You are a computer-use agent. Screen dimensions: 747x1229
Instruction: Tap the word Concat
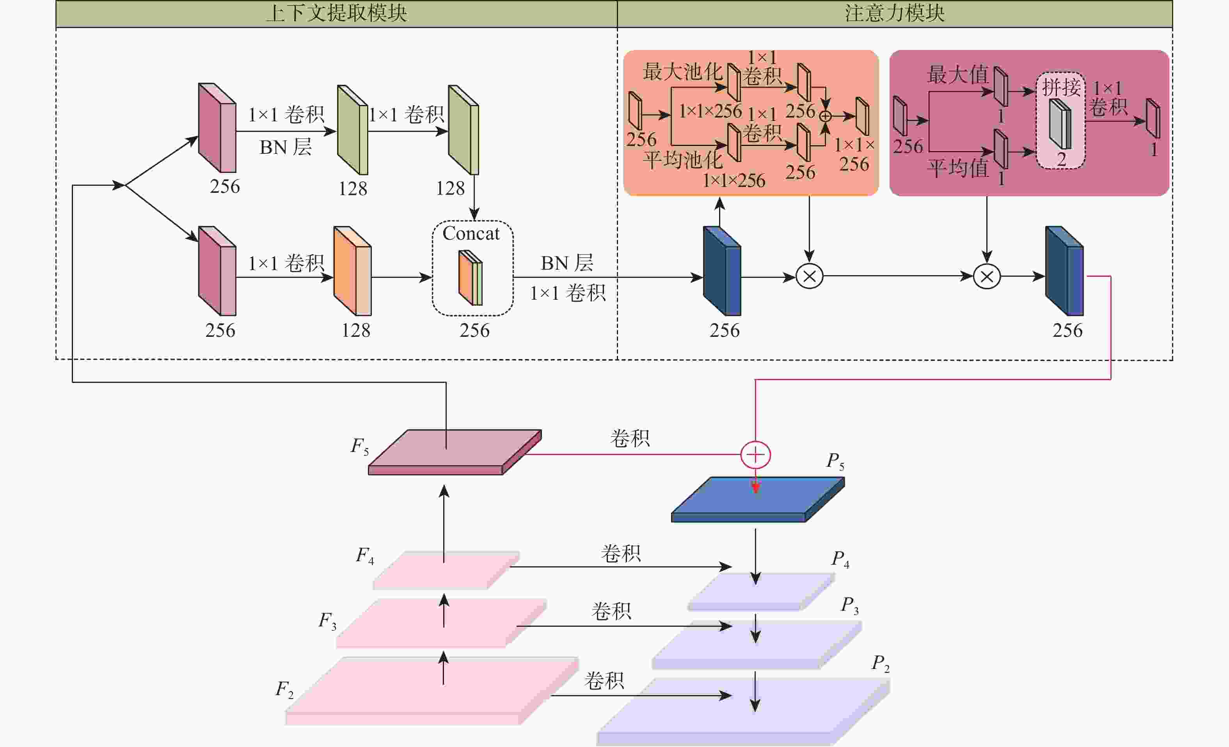[x=471, y=233]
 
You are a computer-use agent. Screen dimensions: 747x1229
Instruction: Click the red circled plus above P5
[x=756, y=455]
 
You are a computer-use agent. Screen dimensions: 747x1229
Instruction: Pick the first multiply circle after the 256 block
[x=809, y=276]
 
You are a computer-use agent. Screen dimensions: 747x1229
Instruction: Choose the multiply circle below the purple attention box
[x=987, y=276]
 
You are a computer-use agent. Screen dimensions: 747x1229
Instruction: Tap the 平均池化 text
[x=682, y=160]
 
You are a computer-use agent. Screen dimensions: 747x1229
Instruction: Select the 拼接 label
[x=1061, y=88]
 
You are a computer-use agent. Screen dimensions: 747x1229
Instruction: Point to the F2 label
[x=284, y=690]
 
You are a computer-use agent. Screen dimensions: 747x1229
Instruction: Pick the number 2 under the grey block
[x=1061, y=160]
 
